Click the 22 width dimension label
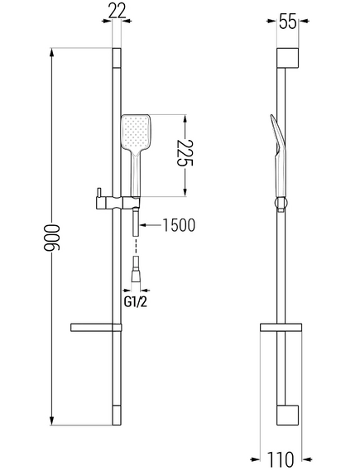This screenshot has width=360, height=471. click(x=117, y=12)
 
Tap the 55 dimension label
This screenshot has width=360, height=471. click(x=287, y=22)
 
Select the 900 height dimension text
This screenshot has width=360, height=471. click(x=51, y=238)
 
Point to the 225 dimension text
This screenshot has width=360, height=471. click(x=185, y=152)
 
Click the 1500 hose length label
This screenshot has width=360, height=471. click(x=179, y=225)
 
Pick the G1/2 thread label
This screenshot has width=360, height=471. click(x=136, y=302)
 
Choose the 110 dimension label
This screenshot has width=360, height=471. click(x=280, y=459)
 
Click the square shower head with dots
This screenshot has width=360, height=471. click(x=136, y=132)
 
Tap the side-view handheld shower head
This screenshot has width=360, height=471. click(x=279, y=156)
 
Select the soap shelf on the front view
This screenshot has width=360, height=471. click(x=96, y=328)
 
